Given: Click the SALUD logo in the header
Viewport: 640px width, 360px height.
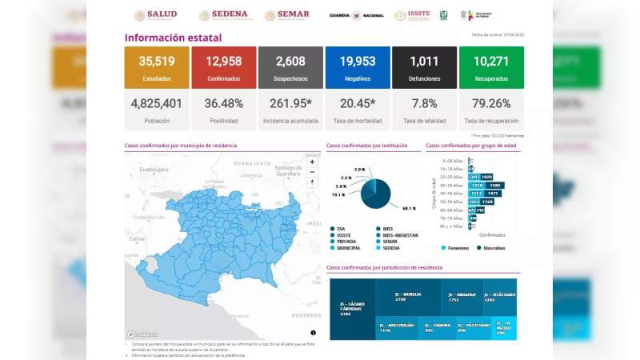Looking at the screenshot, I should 155,15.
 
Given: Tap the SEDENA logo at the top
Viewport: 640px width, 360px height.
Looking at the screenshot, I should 223,15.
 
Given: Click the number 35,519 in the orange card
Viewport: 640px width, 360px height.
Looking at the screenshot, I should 157,61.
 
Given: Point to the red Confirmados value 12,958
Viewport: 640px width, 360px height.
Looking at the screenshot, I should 224,61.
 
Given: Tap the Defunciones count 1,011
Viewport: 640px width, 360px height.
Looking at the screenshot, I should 424,61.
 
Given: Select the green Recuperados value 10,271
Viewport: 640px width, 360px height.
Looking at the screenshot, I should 491,61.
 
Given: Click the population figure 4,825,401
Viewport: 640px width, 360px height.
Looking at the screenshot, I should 157,103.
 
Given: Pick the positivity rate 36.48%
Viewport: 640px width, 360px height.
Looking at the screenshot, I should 224,103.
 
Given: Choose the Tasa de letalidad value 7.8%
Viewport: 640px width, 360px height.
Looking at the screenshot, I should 424,103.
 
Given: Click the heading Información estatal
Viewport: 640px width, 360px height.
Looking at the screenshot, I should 173,38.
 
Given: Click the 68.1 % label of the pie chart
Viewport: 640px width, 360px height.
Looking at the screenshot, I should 409,208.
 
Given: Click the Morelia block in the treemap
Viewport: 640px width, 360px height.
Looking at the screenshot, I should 408,296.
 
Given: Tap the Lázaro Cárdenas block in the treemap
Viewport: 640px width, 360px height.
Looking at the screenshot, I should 352,309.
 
